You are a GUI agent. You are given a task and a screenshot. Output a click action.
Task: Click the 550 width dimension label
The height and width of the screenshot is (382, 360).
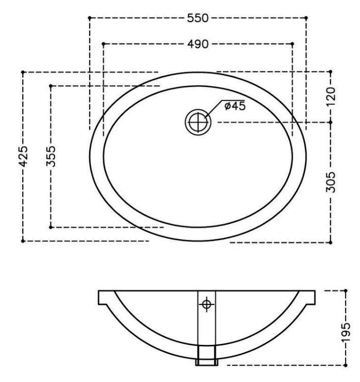coord(198,18)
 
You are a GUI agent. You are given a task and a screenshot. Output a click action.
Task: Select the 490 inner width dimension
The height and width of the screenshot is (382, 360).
coord(198,44)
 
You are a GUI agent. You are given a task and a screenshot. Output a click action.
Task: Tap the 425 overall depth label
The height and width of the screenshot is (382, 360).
coord(24,156)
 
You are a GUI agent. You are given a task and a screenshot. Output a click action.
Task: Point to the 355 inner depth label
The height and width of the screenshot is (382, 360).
coord(51,156)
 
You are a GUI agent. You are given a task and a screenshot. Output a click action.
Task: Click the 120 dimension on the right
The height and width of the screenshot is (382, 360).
coord(331,96)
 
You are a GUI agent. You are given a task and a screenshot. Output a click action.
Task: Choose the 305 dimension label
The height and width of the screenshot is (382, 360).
coord(331,182)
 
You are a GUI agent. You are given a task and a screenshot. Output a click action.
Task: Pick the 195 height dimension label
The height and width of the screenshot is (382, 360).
coord(345,333)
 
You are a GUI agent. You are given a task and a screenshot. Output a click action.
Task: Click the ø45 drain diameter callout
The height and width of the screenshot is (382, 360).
coord(235,106)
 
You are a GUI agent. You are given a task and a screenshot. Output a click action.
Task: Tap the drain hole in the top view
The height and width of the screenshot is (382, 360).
coord(198,122)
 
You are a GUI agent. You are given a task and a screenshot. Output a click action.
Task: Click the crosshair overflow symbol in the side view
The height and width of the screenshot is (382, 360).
coord(206,304)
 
